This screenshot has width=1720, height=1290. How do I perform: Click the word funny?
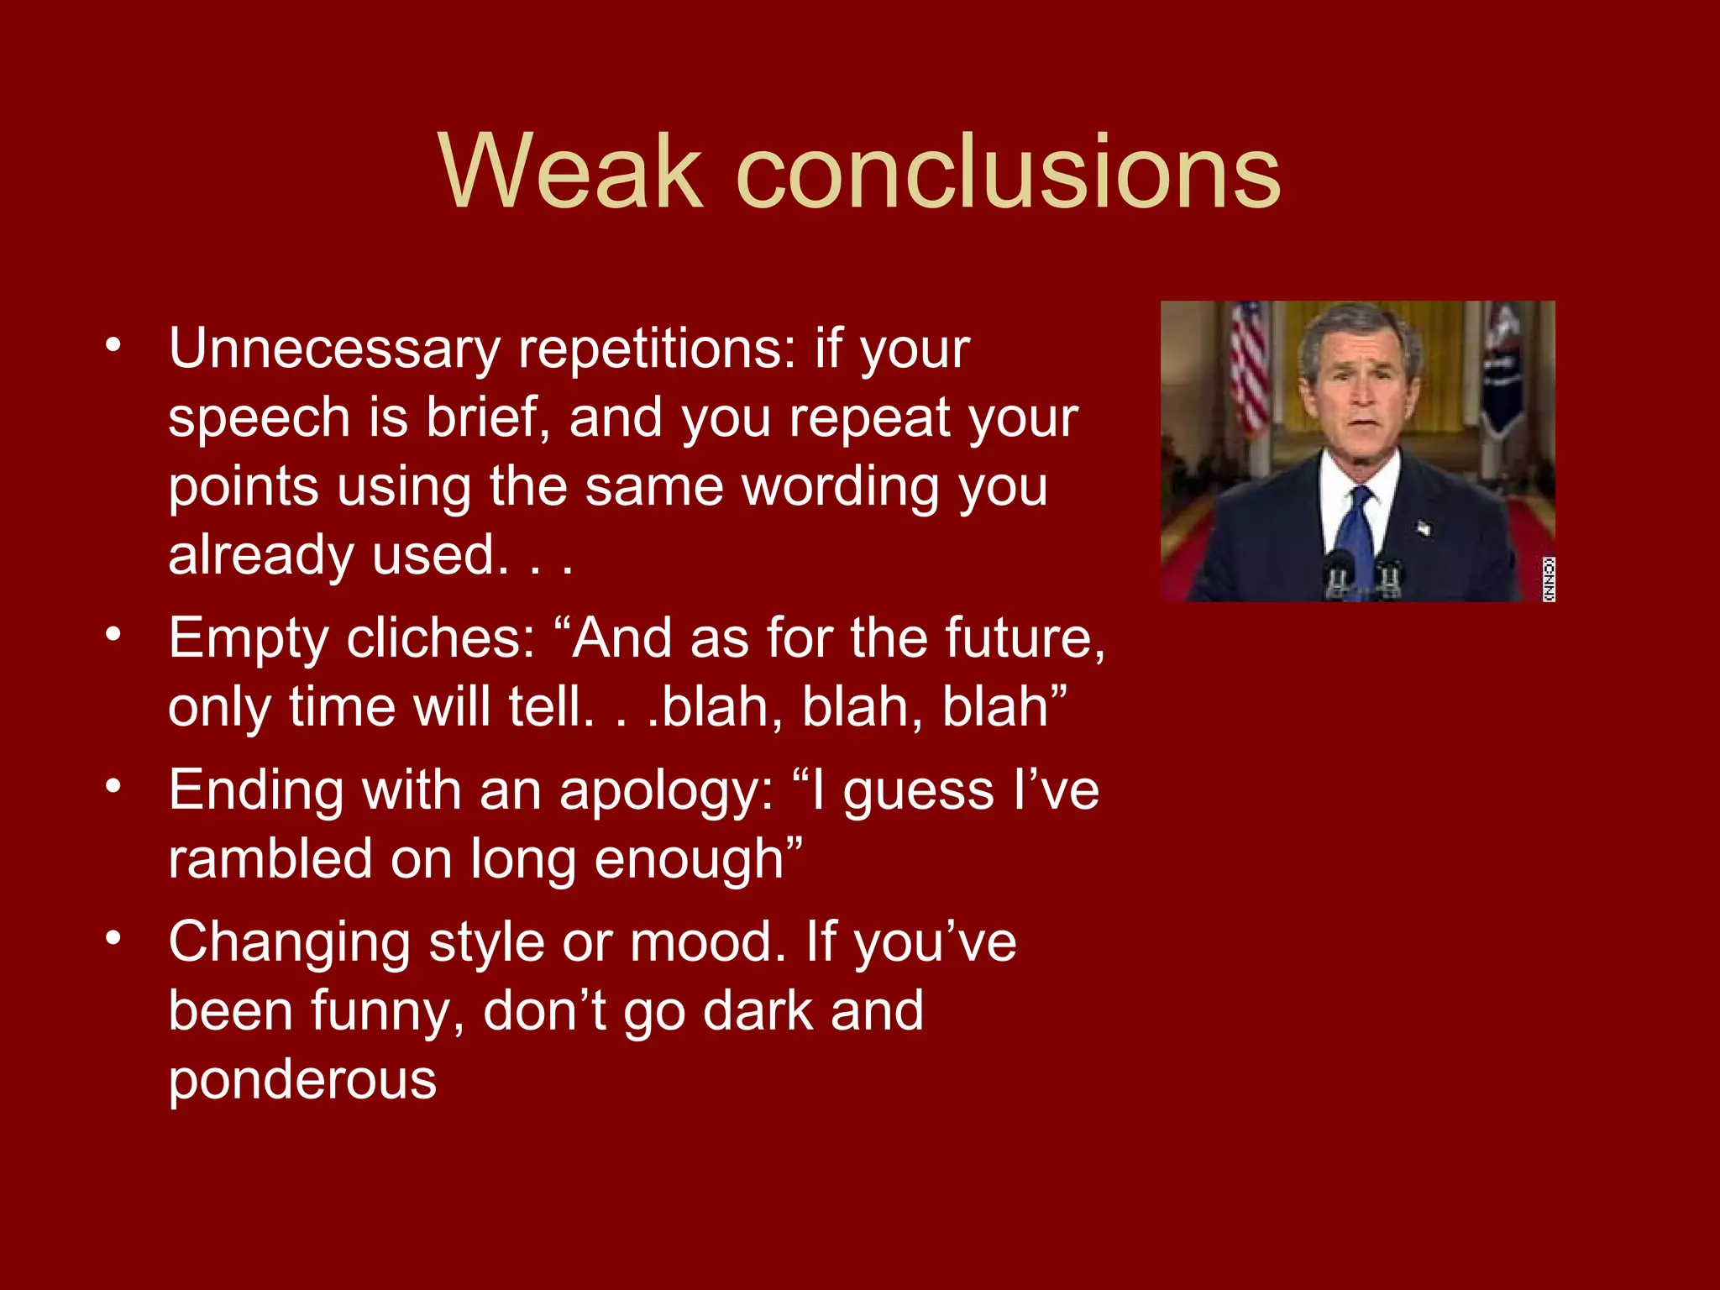[x=388, y=1011]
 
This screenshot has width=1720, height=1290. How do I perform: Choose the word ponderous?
[x=302, y=1080]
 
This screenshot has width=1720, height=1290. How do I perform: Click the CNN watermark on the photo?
[x=1548, y=579]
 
